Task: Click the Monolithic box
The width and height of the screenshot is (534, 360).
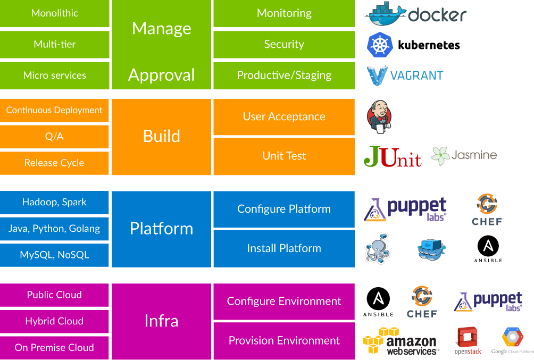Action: [x=55, y=13]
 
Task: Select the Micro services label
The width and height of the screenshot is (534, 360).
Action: [x=55, y=76]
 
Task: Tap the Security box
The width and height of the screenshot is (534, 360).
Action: [x=283, y=45]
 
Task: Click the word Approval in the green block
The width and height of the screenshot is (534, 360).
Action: [x=161, y=75]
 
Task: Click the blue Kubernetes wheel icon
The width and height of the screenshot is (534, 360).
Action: [x=380, y=45]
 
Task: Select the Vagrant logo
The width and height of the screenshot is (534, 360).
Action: [x=405, y=76]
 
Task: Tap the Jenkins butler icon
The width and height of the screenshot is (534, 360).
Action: [x=380, y=117]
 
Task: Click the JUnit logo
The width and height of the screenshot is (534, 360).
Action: [x=393, y=156]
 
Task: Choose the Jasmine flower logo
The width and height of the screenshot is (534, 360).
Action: [x=440, y=156]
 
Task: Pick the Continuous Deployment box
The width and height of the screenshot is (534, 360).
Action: [x=54, y=111]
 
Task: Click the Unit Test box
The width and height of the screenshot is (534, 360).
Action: [x=283, y=156]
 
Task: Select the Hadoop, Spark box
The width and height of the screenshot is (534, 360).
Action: [x=54, y=203]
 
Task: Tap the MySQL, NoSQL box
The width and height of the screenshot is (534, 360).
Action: [x=54, y=255]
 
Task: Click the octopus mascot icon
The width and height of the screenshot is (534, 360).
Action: [x=378, y=248]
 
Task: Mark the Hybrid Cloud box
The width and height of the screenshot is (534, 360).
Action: [x=54, y=321]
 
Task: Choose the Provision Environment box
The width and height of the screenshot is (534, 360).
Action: [x=283, y=341]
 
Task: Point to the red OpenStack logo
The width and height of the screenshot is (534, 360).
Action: [x=468, y=340]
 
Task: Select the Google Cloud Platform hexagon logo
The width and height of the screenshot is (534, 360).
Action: [x=512, y=338]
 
